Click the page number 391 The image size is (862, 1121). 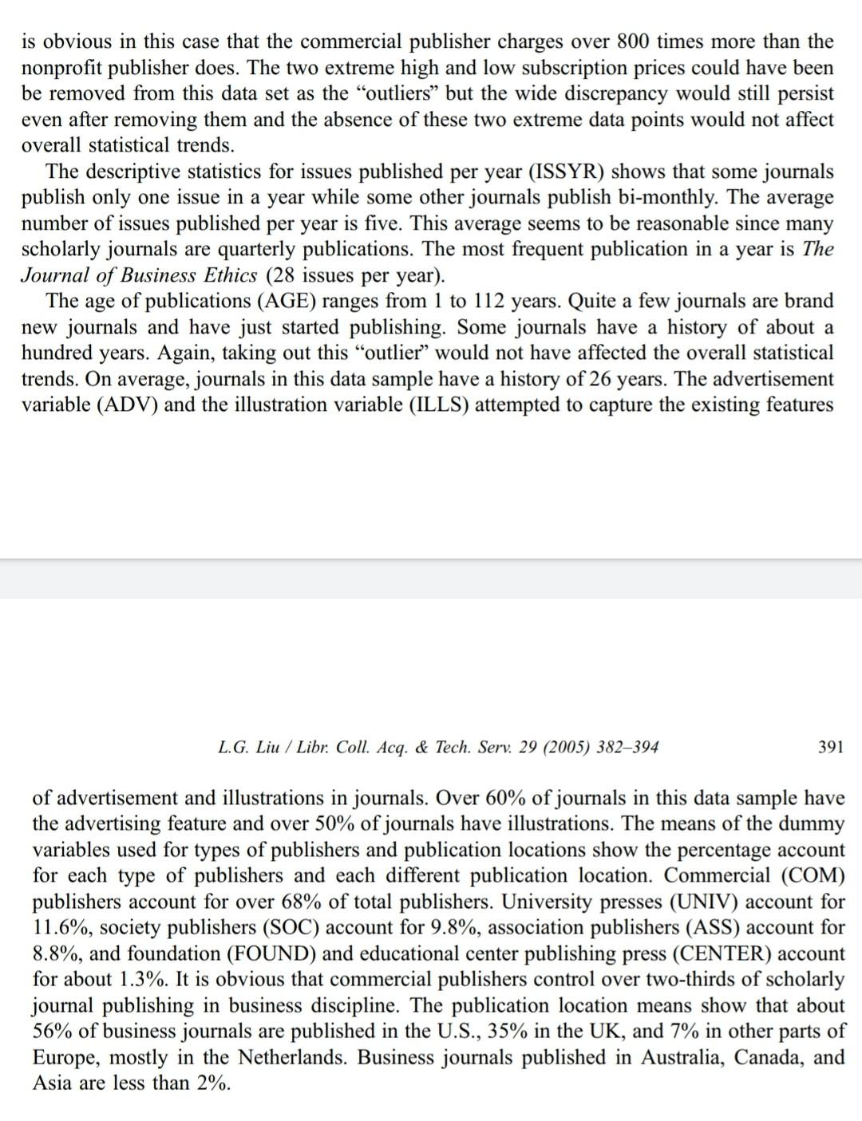[830, 747]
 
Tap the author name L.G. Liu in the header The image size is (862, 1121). [246, 747]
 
